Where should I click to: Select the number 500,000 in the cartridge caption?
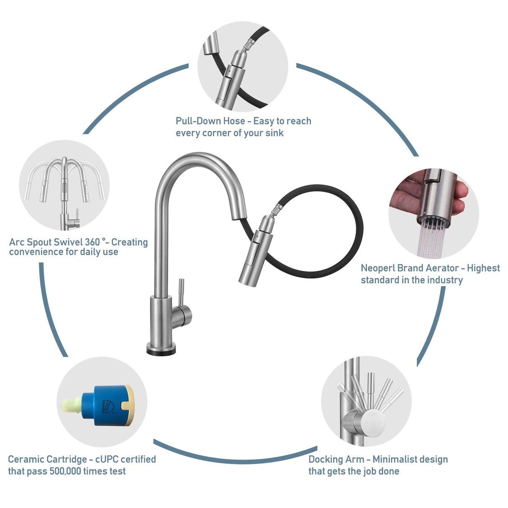point(65,471)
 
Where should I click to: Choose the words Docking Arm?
point(336,459)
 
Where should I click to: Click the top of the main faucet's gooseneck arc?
point(197,157)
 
